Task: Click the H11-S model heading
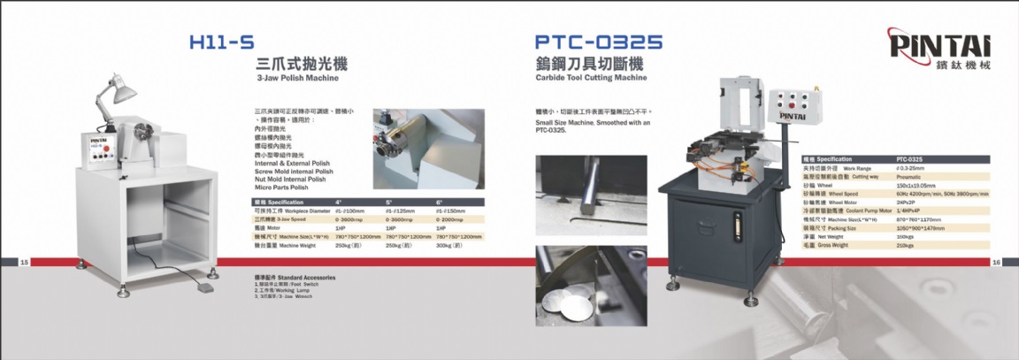click(x=222, y=42)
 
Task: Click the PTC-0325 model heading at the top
click(x=599, y=42)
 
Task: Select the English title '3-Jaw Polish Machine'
click(x=297, y=79)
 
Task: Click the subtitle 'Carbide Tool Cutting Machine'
click(x=592, y=78)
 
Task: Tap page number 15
click(x=25, y=262)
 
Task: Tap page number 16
click(x=996, y=262)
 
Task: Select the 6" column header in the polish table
click(x=439, y=203)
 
